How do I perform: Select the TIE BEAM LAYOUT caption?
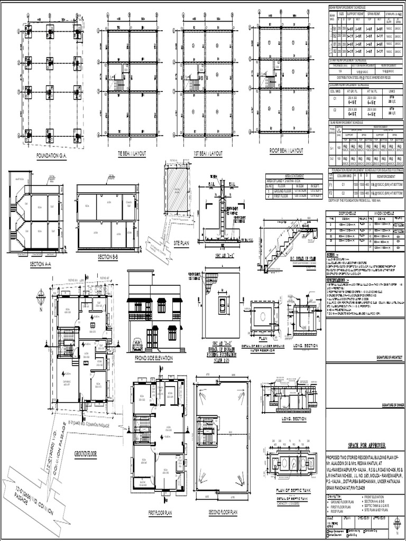tap(132, 153)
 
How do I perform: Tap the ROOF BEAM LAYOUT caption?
tap(286, 151)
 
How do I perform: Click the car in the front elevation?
tap(137, 344)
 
